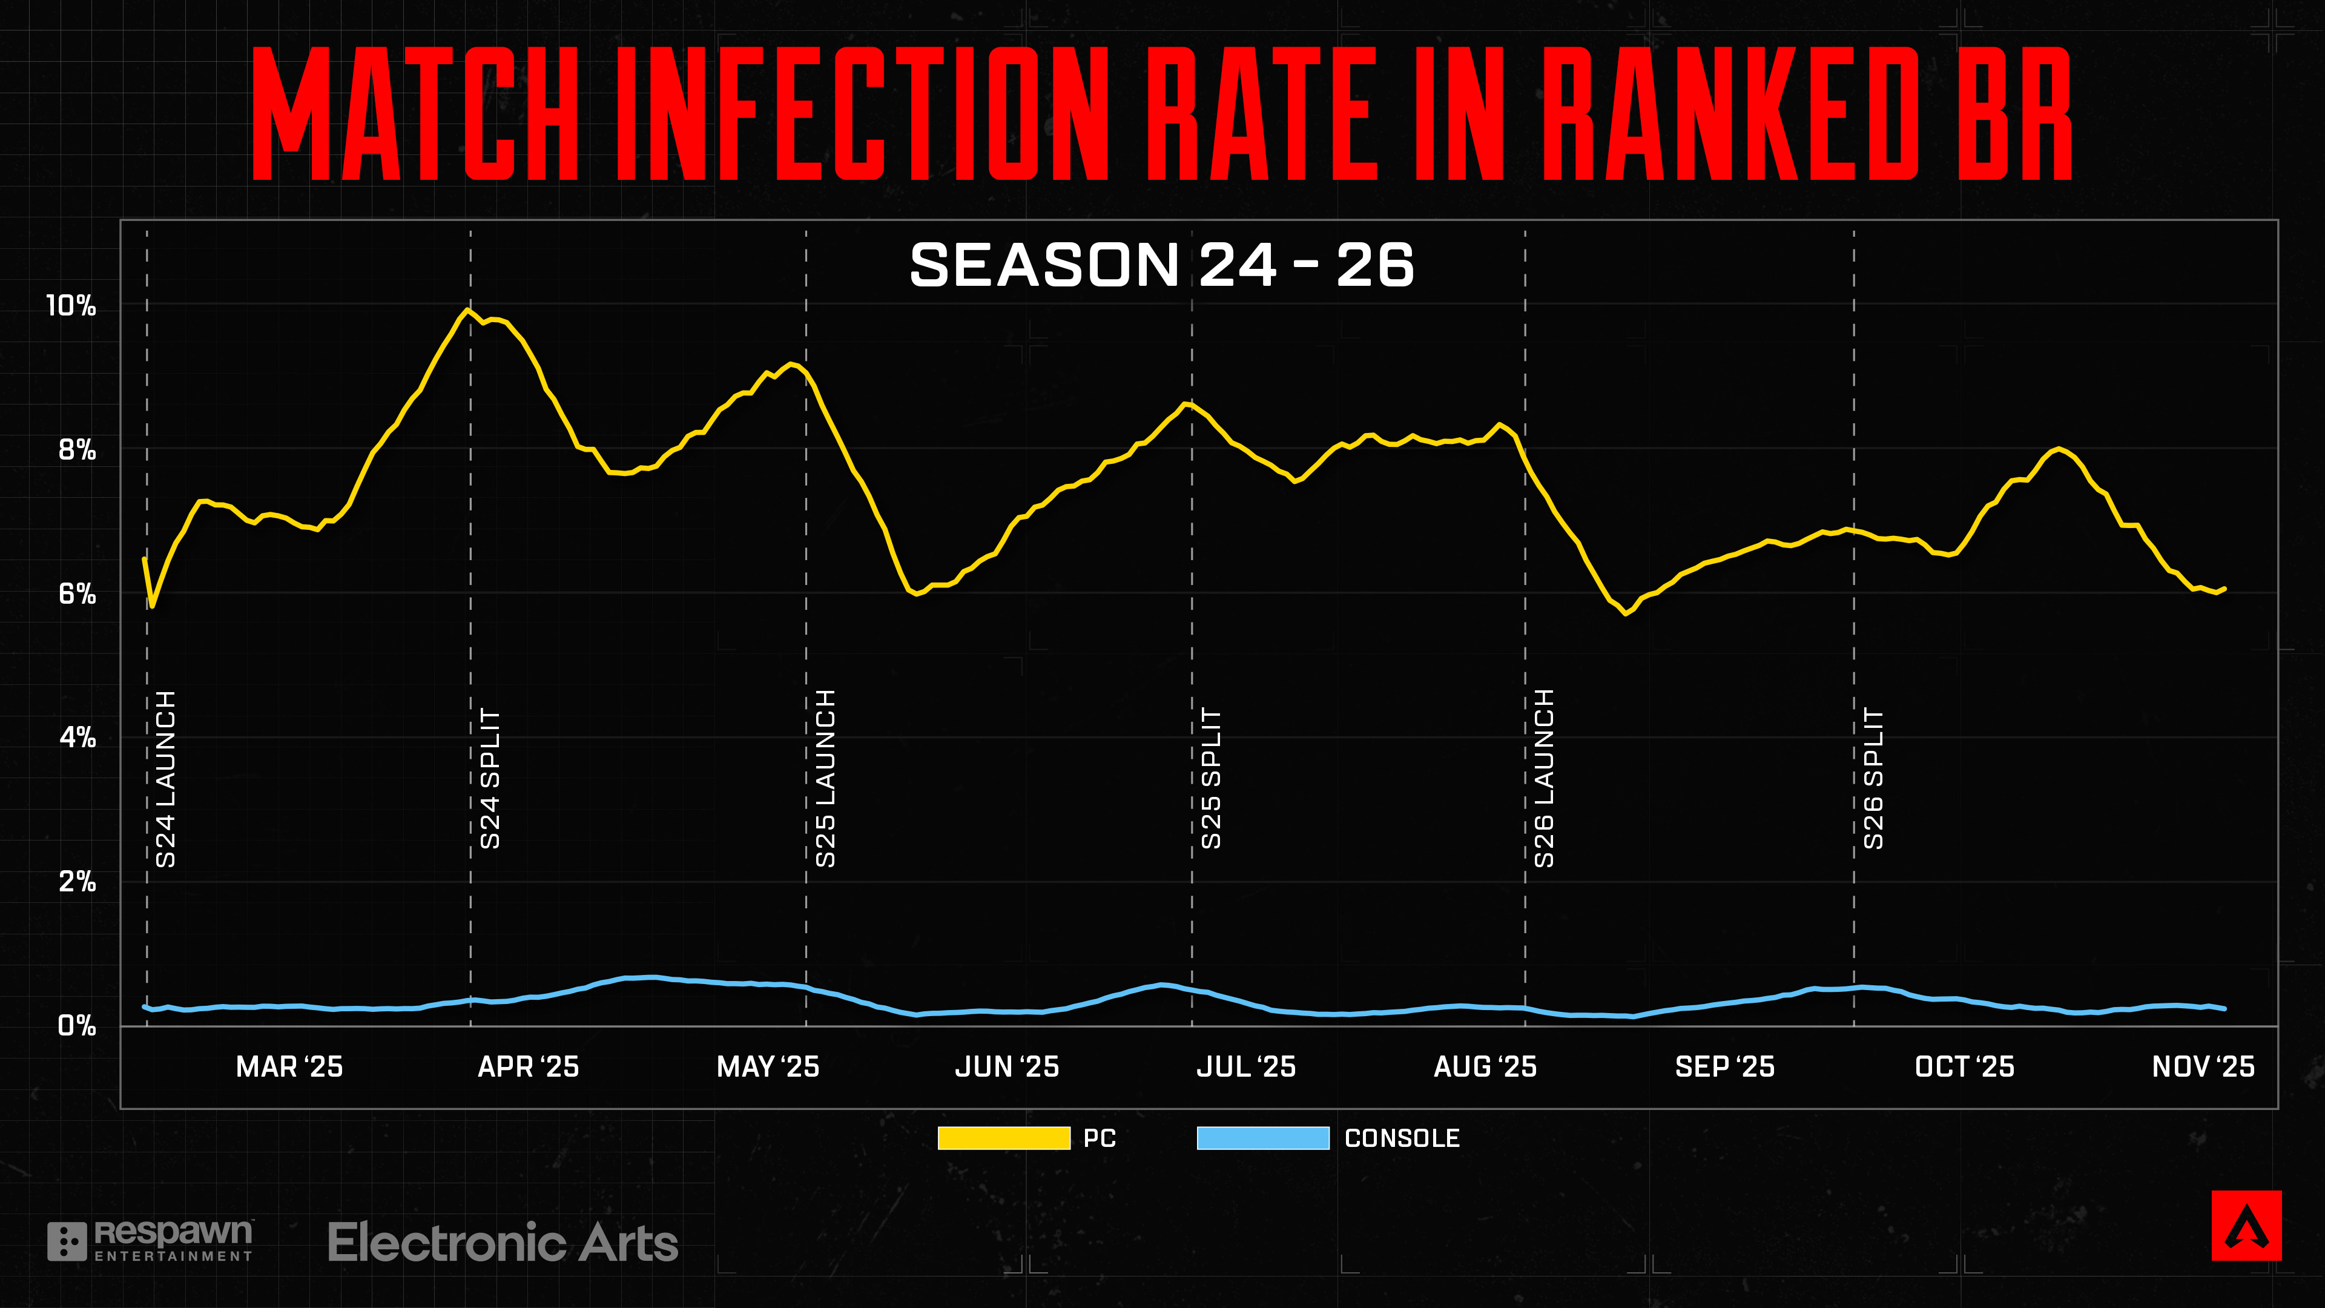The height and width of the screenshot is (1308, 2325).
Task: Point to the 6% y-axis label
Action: (77, 594)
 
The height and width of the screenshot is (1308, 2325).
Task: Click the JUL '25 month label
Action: (1245, 1067)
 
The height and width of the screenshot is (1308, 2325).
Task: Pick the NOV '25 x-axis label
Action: (2203, 1067)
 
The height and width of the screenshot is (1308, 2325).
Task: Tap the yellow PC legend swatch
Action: (1004, 1138)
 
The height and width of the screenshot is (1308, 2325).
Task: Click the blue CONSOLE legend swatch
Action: (1262, 1138)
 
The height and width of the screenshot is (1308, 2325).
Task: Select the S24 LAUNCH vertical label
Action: (166, 779)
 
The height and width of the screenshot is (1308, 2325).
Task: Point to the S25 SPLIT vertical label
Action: (1211, 779)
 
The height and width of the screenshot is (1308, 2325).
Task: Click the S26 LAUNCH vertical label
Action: (1545, 779)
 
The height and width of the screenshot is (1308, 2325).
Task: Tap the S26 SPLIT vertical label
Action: (1874, 779)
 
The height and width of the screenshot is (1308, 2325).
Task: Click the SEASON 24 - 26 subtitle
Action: (1162, 265)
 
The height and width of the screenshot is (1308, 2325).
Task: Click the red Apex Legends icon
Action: (2246, 1225)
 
